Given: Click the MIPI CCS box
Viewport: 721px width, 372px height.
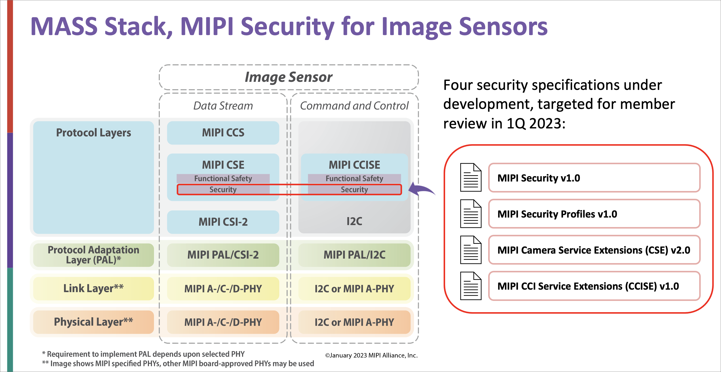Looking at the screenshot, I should (223, 133).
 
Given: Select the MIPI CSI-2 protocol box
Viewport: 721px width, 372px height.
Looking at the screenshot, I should (223, 222).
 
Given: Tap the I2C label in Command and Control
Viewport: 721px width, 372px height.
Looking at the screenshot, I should (354, 221).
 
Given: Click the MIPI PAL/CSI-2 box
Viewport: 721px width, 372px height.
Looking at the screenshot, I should (223, 255).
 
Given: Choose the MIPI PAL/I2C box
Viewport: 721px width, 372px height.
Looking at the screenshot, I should (354, 255).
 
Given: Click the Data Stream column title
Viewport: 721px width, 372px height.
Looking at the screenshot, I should (223, 106).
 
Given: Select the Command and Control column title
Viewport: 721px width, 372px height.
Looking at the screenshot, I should (354, 106).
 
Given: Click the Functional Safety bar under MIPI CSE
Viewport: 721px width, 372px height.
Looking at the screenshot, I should (223, 178).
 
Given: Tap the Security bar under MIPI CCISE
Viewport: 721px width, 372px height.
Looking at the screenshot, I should (354, 190).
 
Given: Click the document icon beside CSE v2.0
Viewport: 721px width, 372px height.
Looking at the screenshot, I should (471, 250).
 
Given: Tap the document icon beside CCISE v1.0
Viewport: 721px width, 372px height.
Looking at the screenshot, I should (471, 286).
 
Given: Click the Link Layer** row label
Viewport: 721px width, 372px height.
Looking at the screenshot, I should (93, 288).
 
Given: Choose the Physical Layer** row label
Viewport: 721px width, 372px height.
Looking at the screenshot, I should (93, 322).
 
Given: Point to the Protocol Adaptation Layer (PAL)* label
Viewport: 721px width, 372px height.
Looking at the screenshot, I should (93, 255).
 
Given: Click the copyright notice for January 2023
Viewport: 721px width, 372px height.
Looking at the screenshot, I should (371, 355).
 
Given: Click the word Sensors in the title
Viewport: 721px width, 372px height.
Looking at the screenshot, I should (503, 27).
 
